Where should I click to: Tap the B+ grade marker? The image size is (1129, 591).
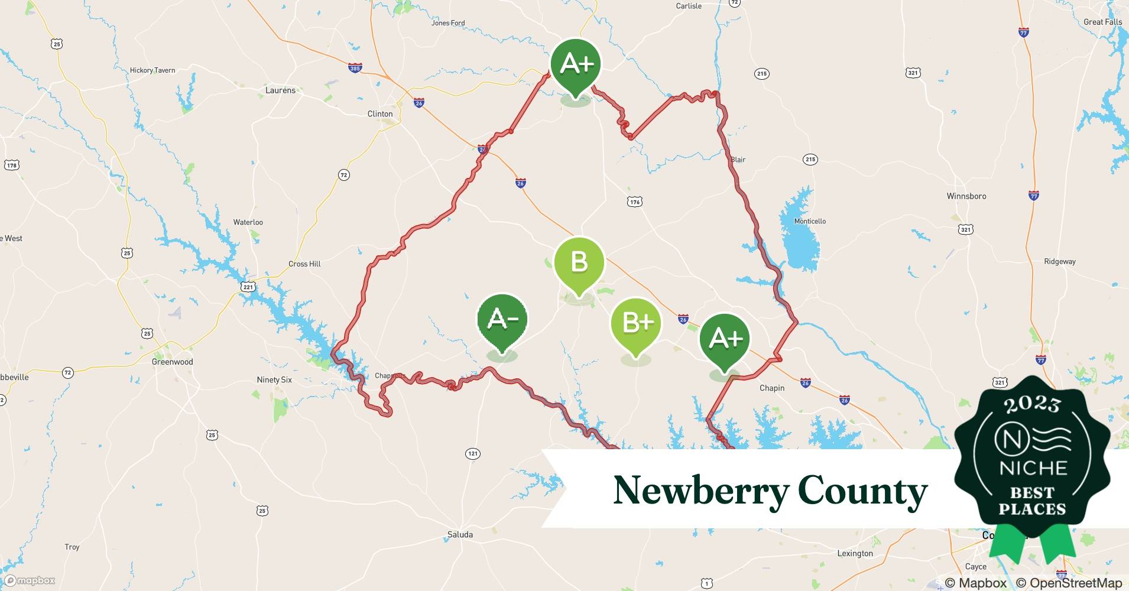pos(636,323)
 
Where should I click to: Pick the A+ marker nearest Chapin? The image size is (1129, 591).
pos(725,339)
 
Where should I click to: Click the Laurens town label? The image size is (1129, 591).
pos(280,90)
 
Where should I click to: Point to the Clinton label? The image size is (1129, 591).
pos(379,114)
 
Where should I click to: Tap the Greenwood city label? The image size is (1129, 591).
pos(172,362)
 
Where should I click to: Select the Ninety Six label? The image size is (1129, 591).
pos(274,379)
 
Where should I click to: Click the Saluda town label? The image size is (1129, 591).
pos(460,534)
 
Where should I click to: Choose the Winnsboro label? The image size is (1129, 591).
pos(966,196)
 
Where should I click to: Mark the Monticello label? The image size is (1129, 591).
pos(810,221)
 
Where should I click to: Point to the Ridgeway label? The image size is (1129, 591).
pos(1059,261)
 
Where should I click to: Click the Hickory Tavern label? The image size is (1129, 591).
pos(153,70)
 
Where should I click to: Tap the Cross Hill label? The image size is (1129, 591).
pos(304,264)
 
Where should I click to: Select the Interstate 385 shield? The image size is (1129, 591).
pos(355,69)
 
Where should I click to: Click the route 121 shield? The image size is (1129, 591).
pos(472,454)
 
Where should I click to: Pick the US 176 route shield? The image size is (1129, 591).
pos(635,202)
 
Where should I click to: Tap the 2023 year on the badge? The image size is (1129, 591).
pos(1032,404)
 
